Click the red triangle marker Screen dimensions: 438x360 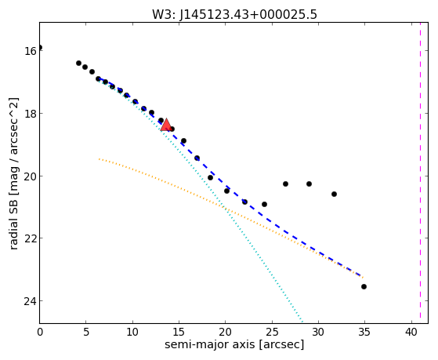pyautogui.click(x=166, y=125)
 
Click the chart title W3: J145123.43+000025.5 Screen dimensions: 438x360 pyautogui.click(x=234, y=14)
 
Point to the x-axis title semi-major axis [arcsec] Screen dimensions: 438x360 pyautogui.click(x=234, y=344)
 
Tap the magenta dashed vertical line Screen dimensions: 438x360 pyautogui.click(x=420, y=173)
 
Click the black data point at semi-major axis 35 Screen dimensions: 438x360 pyautogui.click(x=364, y=286)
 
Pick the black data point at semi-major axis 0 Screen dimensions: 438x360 pyautogui.click(x=40, y=47)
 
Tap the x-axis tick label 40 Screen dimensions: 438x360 pyautogui.click(x=411, y=333)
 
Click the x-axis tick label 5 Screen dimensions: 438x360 pyautogui.click(x=86, y=333)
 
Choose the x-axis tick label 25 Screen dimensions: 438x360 pyautogui.click(x=272, y=333)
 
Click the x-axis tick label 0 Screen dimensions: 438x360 pyautogui.click(x=40, y=333)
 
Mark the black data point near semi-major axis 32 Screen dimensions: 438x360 pyautogui.click(x=334, y=194)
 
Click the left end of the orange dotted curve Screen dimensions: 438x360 pyautogui.click(x=99, y=159)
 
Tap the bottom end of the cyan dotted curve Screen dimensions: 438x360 pyautogui.click(x=302, y=321)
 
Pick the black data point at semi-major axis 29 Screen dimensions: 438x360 pyautogui.click(x=309, y=184)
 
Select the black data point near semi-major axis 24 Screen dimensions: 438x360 pyautogui.click(x=264, y=204)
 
